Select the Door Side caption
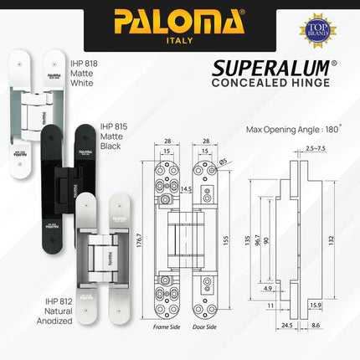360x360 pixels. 204,327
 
